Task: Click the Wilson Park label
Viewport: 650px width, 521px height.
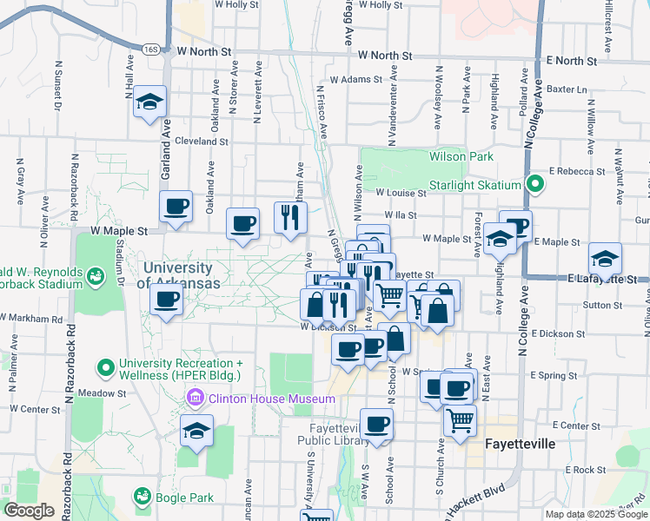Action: tap(461, 156)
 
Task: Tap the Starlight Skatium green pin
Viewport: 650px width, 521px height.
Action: tap(536, 185)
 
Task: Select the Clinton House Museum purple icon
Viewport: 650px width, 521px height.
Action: tap(196, 399)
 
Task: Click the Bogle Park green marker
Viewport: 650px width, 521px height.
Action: tap(141, 497)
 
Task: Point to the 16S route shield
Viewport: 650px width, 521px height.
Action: tap(152, 50)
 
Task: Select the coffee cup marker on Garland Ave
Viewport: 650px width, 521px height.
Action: tap(176, 208)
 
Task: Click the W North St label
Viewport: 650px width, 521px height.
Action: tap(206, 52)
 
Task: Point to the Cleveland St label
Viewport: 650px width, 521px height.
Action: tap(201, 141)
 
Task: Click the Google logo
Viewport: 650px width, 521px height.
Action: tap(30, 511)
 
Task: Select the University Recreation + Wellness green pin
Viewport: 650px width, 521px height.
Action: tap(107, 369)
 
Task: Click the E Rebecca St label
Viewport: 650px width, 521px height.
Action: tap(577, 171)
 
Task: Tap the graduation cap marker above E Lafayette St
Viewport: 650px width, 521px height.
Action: tap(605, 259)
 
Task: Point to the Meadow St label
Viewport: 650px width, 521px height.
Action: tap(102, 392)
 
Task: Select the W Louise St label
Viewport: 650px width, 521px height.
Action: tap(400, 194)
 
